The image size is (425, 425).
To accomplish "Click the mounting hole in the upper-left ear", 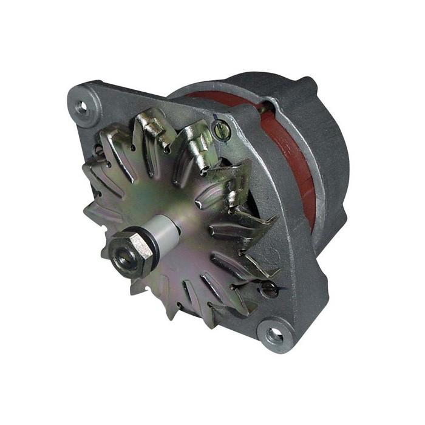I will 81,107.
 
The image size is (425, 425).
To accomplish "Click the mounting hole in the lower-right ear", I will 274,335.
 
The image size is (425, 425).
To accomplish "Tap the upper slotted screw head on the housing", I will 223,130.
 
